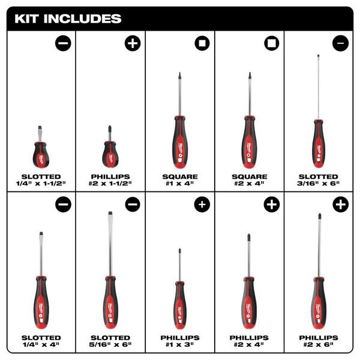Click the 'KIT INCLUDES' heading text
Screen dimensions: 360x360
tap(68, 19)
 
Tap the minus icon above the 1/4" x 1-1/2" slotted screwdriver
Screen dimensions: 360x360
tap(63, 43)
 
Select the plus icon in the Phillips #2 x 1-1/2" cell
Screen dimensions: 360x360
tap(133, 43)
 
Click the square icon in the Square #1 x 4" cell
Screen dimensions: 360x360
tap(202, 43)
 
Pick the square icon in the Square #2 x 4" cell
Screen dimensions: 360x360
tap(272, 43)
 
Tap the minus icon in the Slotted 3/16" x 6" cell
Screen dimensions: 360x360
tap(340, 43)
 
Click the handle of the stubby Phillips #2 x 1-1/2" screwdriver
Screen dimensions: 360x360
tap(110, 155)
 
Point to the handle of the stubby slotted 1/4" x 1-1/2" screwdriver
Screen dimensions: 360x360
tap(41, 155)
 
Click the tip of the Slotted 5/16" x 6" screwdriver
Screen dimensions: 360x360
tap(110, 212)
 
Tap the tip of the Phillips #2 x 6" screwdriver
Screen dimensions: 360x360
tap(319, 214)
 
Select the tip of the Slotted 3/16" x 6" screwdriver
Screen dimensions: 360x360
tap(318, 55)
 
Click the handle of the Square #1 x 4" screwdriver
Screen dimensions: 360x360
tap(180, 142)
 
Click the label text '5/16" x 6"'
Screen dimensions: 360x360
tap(110, 344)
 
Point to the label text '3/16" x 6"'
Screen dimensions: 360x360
tap(318, 183)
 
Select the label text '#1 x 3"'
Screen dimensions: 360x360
tap(180, 344)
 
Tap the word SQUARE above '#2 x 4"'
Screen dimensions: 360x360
tap(250, 176)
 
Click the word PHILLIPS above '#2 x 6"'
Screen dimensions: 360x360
tap(319, 338)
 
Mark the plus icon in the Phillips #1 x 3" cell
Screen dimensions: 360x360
tap(202, 205)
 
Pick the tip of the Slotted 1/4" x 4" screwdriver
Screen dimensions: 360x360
tap(41, 233)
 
